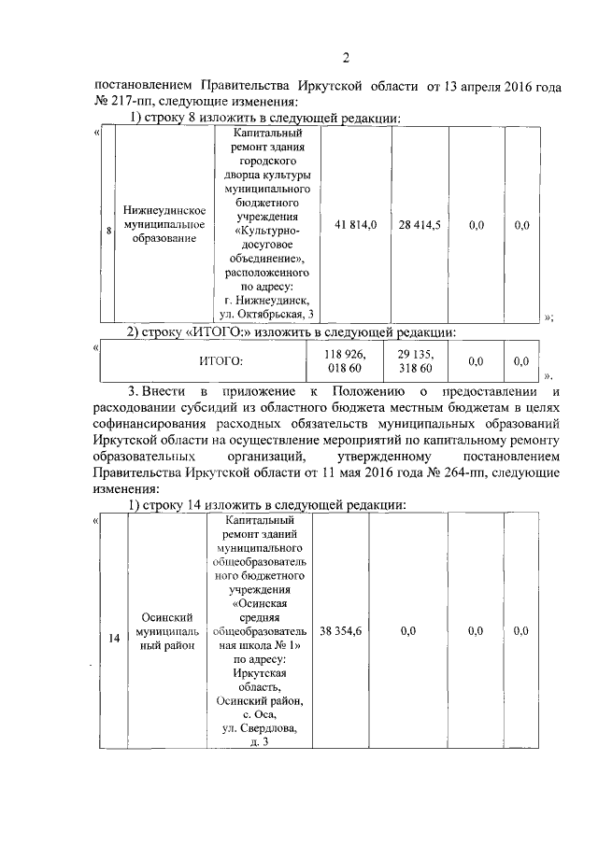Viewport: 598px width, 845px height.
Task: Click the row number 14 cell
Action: [114, 639]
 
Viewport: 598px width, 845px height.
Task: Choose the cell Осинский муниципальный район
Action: [165, 632]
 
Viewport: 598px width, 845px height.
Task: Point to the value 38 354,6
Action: [340, 631]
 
